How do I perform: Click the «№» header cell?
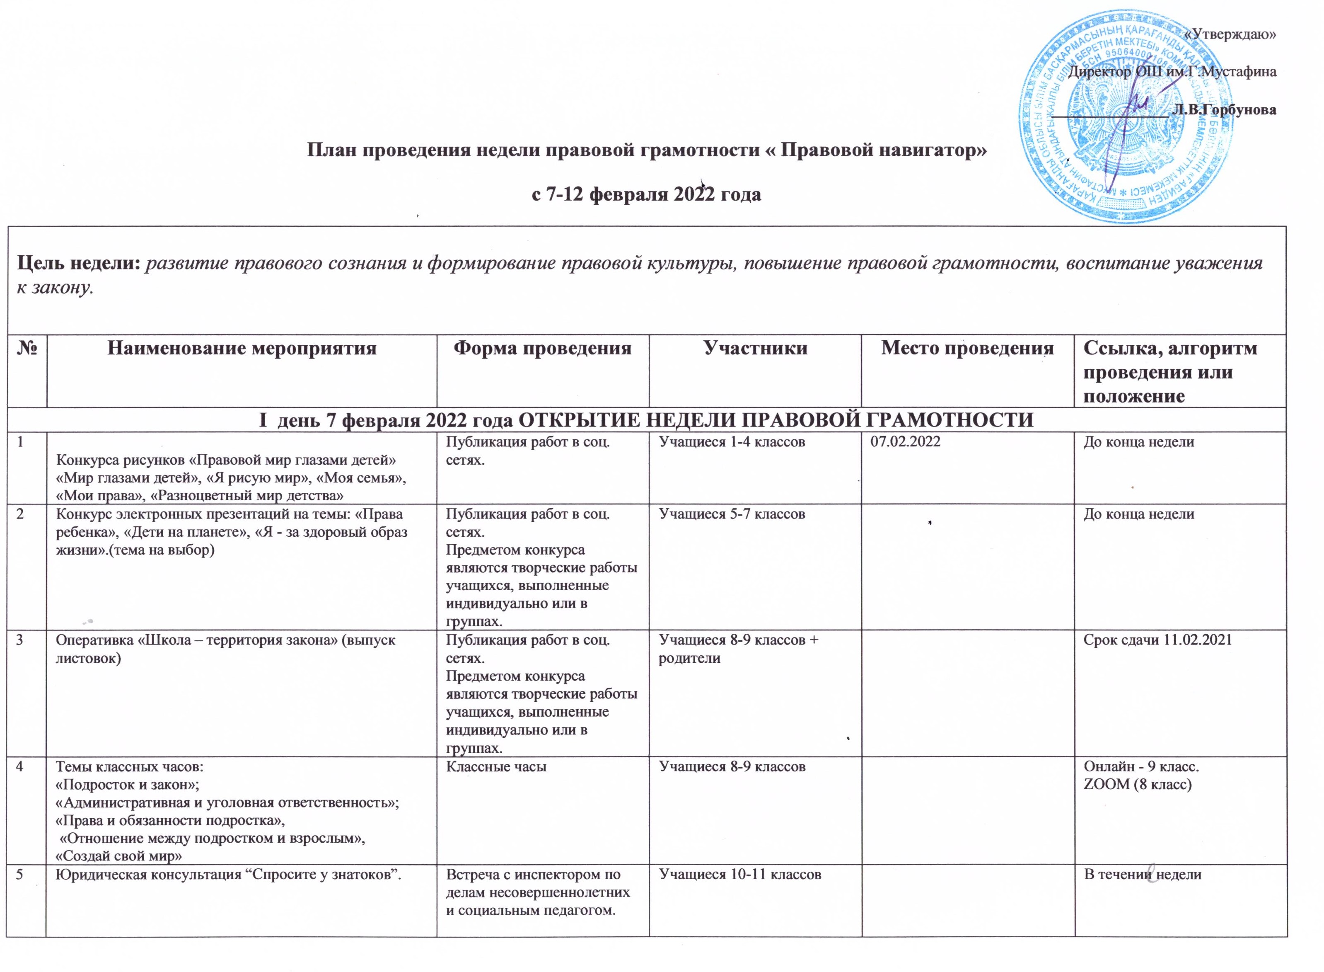pyautogui.click(x=27, y=349)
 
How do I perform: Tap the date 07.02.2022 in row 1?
pyautogui.click(x=906, y=441)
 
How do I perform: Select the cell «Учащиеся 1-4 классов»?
pyautogui.click(x=731, y=441)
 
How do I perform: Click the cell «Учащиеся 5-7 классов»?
pyautogui.click(x=731, y=514)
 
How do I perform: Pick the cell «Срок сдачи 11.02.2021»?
pyautogui.click(x=1157, y=640)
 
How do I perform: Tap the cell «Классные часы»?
pyautogui.click(x=496, y=767)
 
